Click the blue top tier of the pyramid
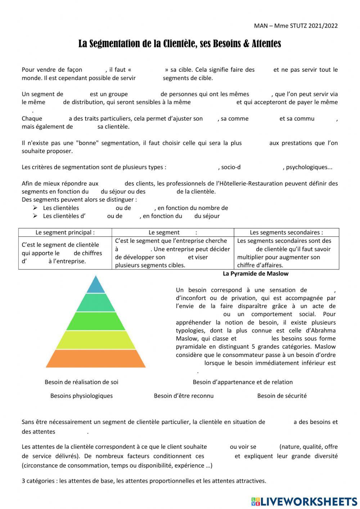click(x=96, y=285)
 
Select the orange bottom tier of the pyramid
click(x=96, y=359)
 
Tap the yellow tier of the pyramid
click(x=96, y=340)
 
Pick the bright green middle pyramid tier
click(x=96, y=321)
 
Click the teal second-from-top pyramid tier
click(x=96, y=303)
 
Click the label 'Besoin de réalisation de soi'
click(x=81, y=382)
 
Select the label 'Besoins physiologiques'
click(x=81, y=396)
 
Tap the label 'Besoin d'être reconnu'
click(x=184, y=396)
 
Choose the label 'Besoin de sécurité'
click(x=282, y=396)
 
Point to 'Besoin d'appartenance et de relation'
click(x=243, y=382)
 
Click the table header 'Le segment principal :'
click(x=65, y=232)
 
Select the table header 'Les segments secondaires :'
click(x=286, y=232)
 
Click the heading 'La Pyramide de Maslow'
click(x=256, y=273)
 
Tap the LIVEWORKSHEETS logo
click(x=304, y=501)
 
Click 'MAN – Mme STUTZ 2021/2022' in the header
click(x=296, y=26)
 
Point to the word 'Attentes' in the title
click(x=266, y=44)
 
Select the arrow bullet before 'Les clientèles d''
click(x=35, y=216)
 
